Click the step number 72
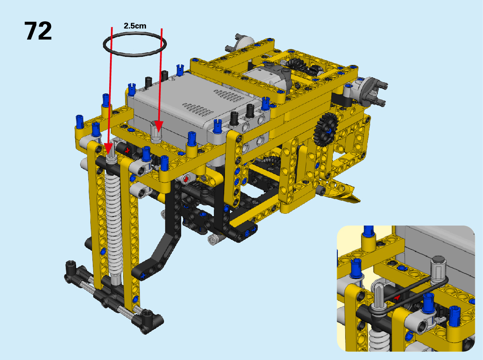tap(38, 31)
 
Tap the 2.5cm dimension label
tap(135, 26)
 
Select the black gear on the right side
tap(326, 129)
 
